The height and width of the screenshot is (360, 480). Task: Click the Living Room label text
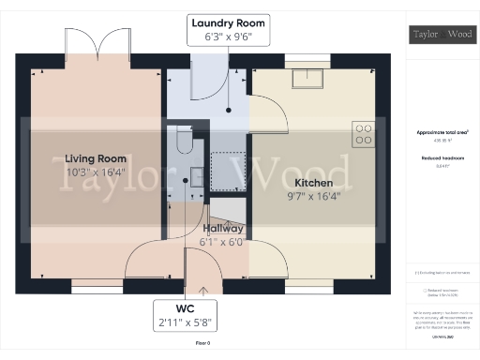click(x=97, y=158)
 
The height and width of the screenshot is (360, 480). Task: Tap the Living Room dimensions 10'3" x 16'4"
click(x=97, y=172)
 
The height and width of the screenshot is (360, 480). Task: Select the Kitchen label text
click(x=314, y=182)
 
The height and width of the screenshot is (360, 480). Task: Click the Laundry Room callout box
click(x=229, y=29)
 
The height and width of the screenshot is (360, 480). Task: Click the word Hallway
click(x=222, y=228)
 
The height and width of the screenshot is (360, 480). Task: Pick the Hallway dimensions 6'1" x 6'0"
click(x=222, y=241)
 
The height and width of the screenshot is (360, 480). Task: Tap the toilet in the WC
click(x=184, y=142)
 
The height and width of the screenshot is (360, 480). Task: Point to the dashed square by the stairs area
click(x=227, y=172)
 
